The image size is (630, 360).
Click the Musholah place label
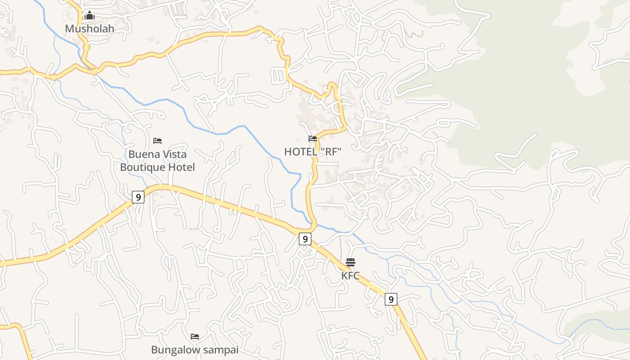point(90,29)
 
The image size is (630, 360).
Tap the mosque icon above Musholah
point(90,16)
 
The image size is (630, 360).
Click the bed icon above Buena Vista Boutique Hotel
point(157,141)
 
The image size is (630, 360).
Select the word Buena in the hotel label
point(144,154)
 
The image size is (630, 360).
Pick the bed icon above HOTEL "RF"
point(313,139)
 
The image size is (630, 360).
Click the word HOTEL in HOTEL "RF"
point(301,152)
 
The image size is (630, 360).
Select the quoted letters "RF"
point(331,152)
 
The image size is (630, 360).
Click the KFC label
point(351,276)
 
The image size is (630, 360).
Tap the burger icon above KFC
point(351,262)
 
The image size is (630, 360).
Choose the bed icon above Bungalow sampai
point(195,337)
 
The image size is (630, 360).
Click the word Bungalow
point(172,350)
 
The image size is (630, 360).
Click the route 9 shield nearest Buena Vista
point(138,197)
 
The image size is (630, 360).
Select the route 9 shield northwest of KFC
point(305,239)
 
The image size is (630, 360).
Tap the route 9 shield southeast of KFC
point(391,299)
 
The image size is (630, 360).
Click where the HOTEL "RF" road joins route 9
point(314,226)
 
